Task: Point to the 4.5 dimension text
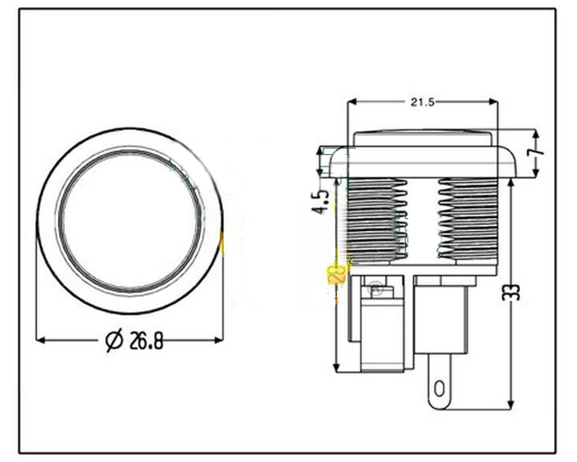pyautogui.click(x=325, y=196)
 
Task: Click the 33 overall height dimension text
pyautogui.click(x=515, y=290)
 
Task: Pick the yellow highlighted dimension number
pyautogui.click(x=335, y=274)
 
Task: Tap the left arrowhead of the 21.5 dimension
pyautogui.click(x=352, y=102)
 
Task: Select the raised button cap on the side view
pyautogui.click(x=422, y=139)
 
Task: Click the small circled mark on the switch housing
pyautogui.click(x=375, y=289)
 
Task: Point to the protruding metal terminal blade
pyautogui.click(x=439, y=385)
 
